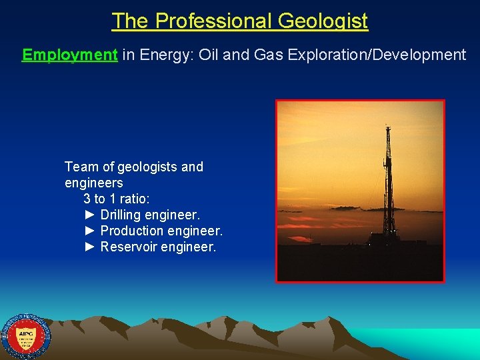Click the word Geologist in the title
coord(323,21)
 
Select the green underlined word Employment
coord(70,55)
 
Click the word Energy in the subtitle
coord(159,55)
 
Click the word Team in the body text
coord(81,167)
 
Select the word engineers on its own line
coord(94,183)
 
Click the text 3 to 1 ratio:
coord(117,199)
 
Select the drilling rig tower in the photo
coord(387,180)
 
